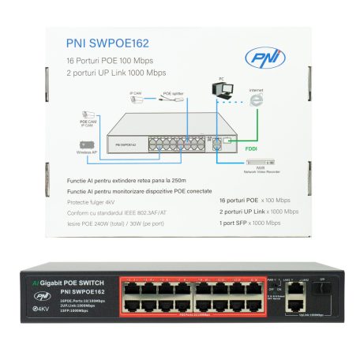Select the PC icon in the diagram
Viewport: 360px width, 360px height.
(224, 92)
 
